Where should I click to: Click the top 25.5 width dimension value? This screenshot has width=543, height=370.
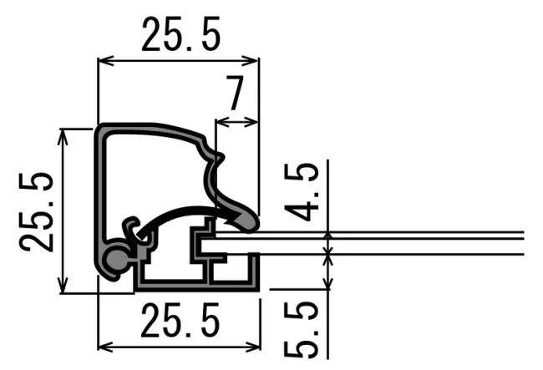[181, 34]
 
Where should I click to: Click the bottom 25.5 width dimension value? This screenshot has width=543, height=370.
[180, 320]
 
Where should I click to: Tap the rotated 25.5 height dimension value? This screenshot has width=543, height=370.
[37, 212]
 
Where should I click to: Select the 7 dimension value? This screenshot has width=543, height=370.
[235, 93]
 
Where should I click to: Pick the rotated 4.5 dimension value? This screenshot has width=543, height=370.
[302, 191]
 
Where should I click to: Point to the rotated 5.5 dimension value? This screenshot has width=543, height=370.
[302, 330]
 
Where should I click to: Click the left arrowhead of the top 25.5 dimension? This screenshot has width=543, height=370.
[106, 61]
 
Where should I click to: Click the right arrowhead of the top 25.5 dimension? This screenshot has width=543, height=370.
[251, 61]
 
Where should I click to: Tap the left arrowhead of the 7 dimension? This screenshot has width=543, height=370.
[222, 122]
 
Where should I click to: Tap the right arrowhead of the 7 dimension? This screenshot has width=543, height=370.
[251, 122]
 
